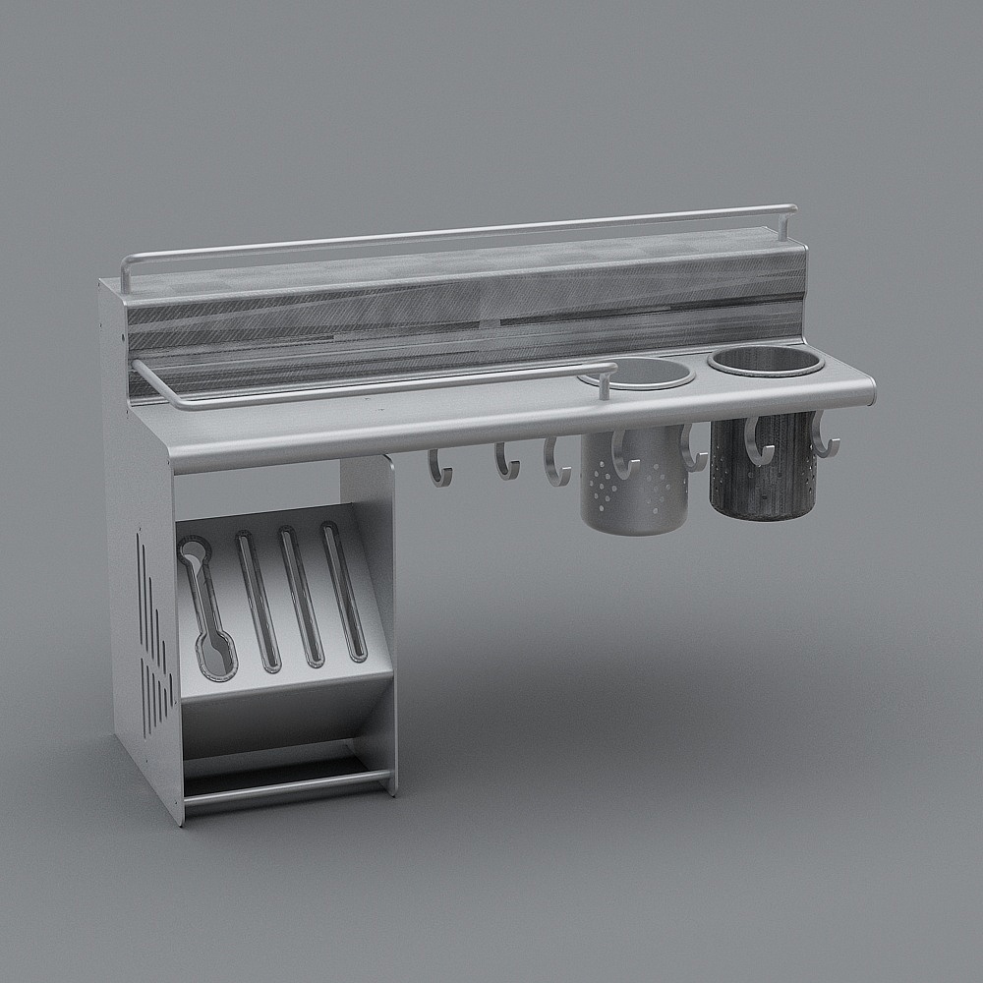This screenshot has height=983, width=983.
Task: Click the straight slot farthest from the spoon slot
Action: (x=344, y=590)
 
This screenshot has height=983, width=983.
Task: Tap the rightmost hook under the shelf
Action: (x=824, y=437)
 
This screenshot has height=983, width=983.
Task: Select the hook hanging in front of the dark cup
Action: (x=758, y=442)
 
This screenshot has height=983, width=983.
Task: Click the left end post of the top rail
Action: (x=126, y=275)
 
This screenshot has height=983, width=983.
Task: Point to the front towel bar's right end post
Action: (x=602, y=382)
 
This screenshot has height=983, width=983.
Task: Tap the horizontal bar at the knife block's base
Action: (x=285, y=787)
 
